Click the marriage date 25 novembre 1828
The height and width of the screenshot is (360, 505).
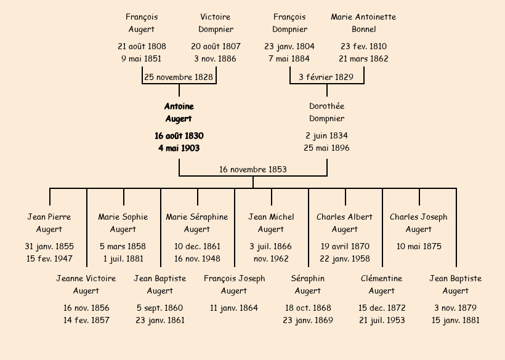(179, 77)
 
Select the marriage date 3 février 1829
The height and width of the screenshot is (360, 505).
(326, 77)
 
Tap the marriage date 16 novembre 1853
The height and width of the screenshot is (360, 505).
(252, 169)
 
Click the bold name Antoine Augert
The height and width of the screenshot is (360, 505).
(179, 113)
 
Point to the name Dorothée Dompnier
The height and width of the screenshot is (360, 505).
(326, 113)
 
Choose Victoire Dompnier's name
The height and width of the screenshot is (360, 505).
(216, 23)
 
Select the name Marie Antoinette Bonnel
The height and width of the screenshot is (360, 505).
(363, 23)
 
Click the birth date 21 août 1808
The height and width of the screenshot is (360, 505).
(142, 46)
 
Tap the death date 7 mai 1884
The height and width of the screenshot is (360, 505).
(289, 58)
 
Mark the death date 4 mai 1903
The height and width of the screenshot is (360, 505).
(179, 148)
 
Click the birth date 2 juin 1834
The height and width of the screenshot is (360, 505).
(326, 135)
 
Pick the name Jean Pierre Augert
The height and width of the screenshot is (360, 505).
(49, 223)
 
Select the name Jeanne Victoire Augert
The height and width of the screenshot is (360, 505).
(86, 284)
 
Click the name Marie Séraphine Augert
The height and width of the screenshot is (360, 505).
(197, 223)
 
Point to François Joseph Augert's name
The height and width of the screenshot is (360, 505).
(234, 284)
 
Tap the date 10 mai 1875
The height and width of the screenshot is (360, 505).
(419, 246)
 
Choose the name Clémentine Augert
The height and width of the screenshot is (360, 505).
(382, 284)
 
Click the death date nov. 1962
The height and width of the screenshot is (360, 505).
(271, 258)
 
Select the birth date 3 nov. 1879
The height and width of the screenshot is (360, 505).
(456, 308)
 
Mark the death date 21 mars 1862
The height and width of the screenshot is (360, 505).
(363, 58)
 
